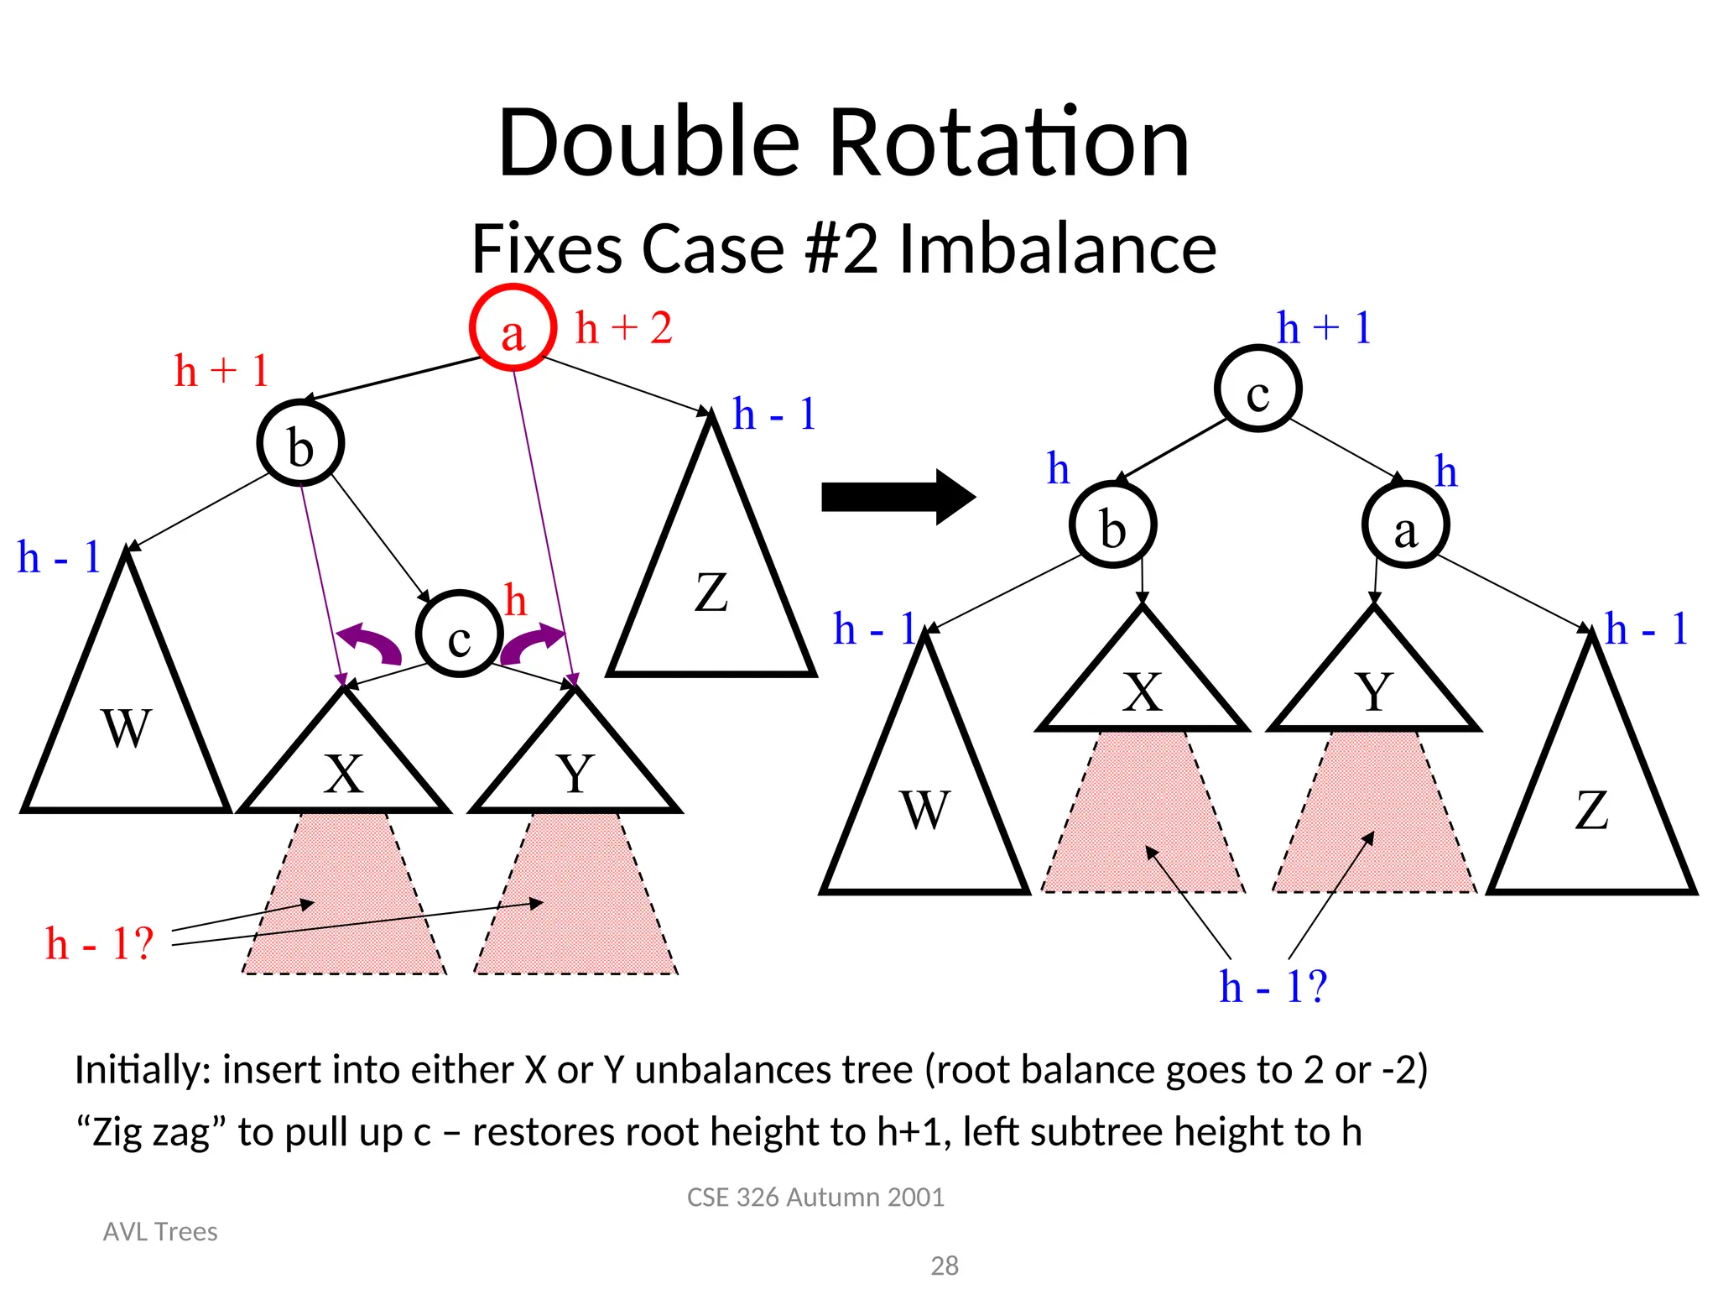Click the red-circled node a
(513, 328)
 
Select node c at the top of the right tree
(1257, 389)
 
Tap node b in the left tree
(300, 443)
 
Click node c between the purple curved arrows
(459, 634)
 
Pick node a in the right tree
(1405, 525)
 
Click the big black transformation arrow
(897, 497)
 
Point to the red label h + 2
(623, 327)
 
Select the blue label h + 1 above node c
(1324, 327)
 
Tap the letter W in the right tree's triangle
(925, 810)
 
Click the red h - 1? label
(100, 943)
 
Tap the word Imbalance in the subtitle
(1057, 249)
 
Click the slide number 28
(945, 1266)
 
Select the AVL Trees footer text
(160, 1231)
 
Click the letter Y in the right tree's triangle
(1374, 692)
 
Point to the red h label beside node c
(516, 601)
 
